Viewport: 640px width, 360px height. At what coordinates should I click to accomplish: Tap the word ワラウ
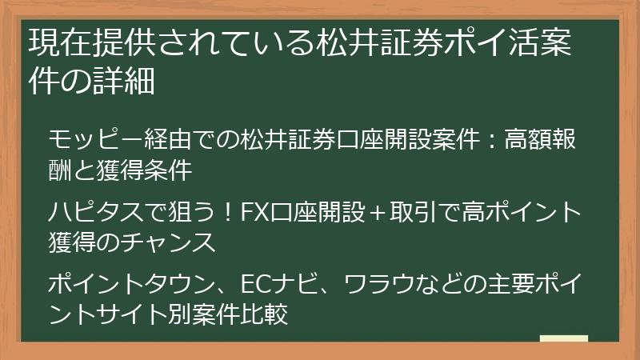[x=366, y=282]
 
